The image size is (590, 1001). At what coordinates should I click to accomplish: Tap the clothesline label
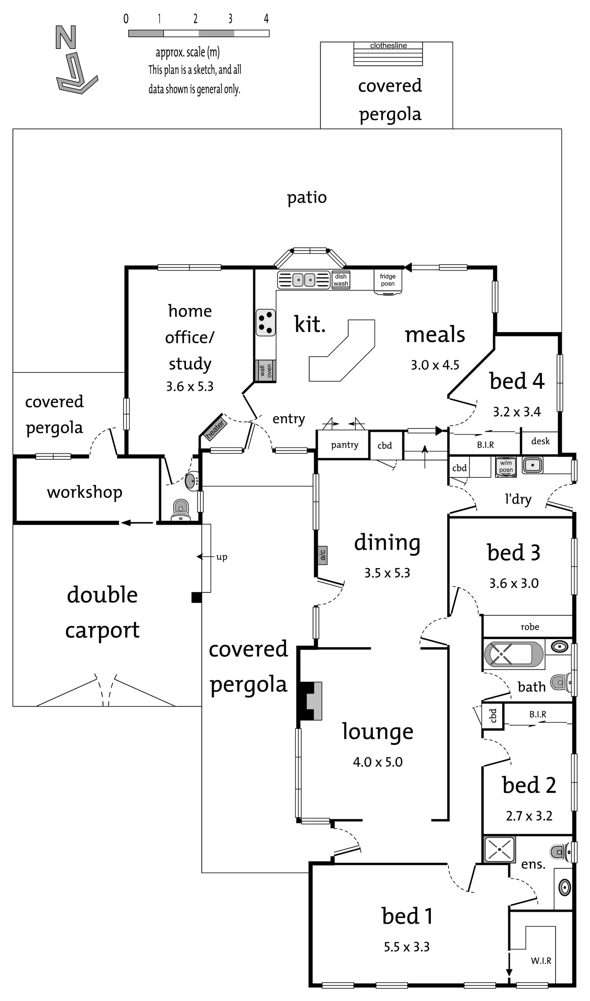(x=388, y=46)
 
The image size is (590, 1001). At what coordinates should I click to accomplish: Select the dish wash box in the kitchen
(x=341, y=280)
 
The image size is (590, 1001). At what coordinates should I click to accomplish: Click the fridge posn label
(x=388, y=280)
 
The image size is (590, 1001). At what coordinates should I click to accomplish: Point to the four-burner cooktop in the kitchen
(x=266, y=322)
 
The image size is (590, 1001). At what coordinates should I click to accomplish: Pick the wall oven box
(x=265, y=371)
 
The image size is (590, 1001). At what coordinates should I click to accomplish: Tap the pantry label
(x=344, y=445)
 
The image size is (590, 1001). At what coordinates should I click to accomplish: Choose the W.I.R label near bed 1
(x=541, y=961)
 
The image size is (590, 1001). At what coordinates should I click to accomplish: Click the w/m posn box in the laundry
(x=506, y=467)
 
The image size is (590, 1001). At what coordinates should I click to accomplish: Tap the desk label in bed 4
(x=540, y=441)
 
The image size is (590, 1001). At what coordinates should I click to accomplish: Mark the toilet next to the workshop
(x=181, y=510)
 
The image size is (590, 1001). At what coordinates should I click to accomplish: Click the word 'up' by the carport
(x=222, y=557)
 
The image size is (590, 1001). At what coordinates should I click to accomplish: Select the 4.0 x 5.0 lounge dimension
(x=378, y=762)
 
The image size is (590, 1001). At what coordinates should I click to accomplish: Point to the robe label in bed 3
(x=529, y=627)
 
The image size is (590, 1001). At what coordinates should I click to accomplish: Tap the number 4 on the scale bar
(x=266, y=18)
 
